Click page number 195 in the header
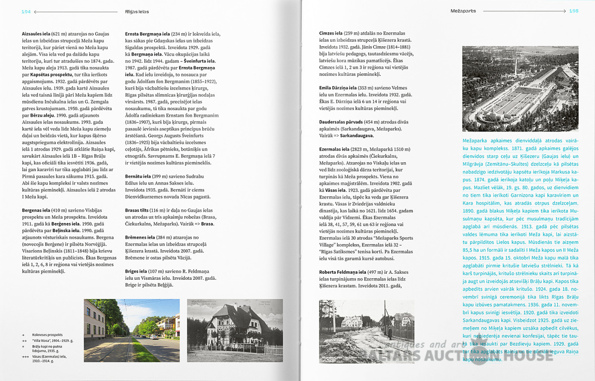(x=573, y=10)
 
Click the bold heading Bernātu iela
(x=138, y=177)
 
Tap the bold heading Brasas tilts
(x=138, y=210)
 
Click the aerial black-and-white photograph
(x=520, y=89)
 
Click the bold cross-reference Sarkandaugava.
(x=357, y=135)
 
